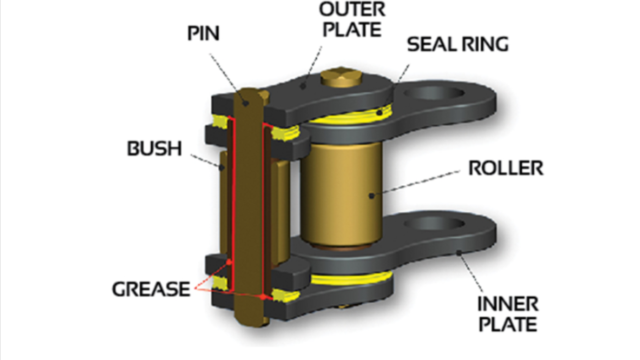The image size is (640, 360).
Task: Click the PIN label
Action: pyautogui.click(x=204, y=34)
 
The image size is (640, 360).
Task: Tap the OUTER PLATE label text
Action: pyautogui.click(x=353, y=20)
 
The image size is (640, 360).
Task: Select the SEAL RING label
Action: pyautogui.click(x=457, y=44)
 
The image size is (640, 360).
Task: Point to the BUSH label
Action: pyautogui.click(x=154, y=148)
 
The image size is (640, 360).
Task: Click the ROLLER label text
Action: pyautogui.click(x=506, y=168)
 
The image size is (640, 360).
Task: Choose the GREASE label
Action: pyautogui.click(x=151, y=289)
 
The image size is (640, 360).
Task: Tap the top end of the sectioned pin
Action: pyautogui.click(x=248, y=96)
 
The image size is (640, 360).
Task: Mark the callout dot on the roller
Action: pyautogui.click(x=371, y=195)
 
